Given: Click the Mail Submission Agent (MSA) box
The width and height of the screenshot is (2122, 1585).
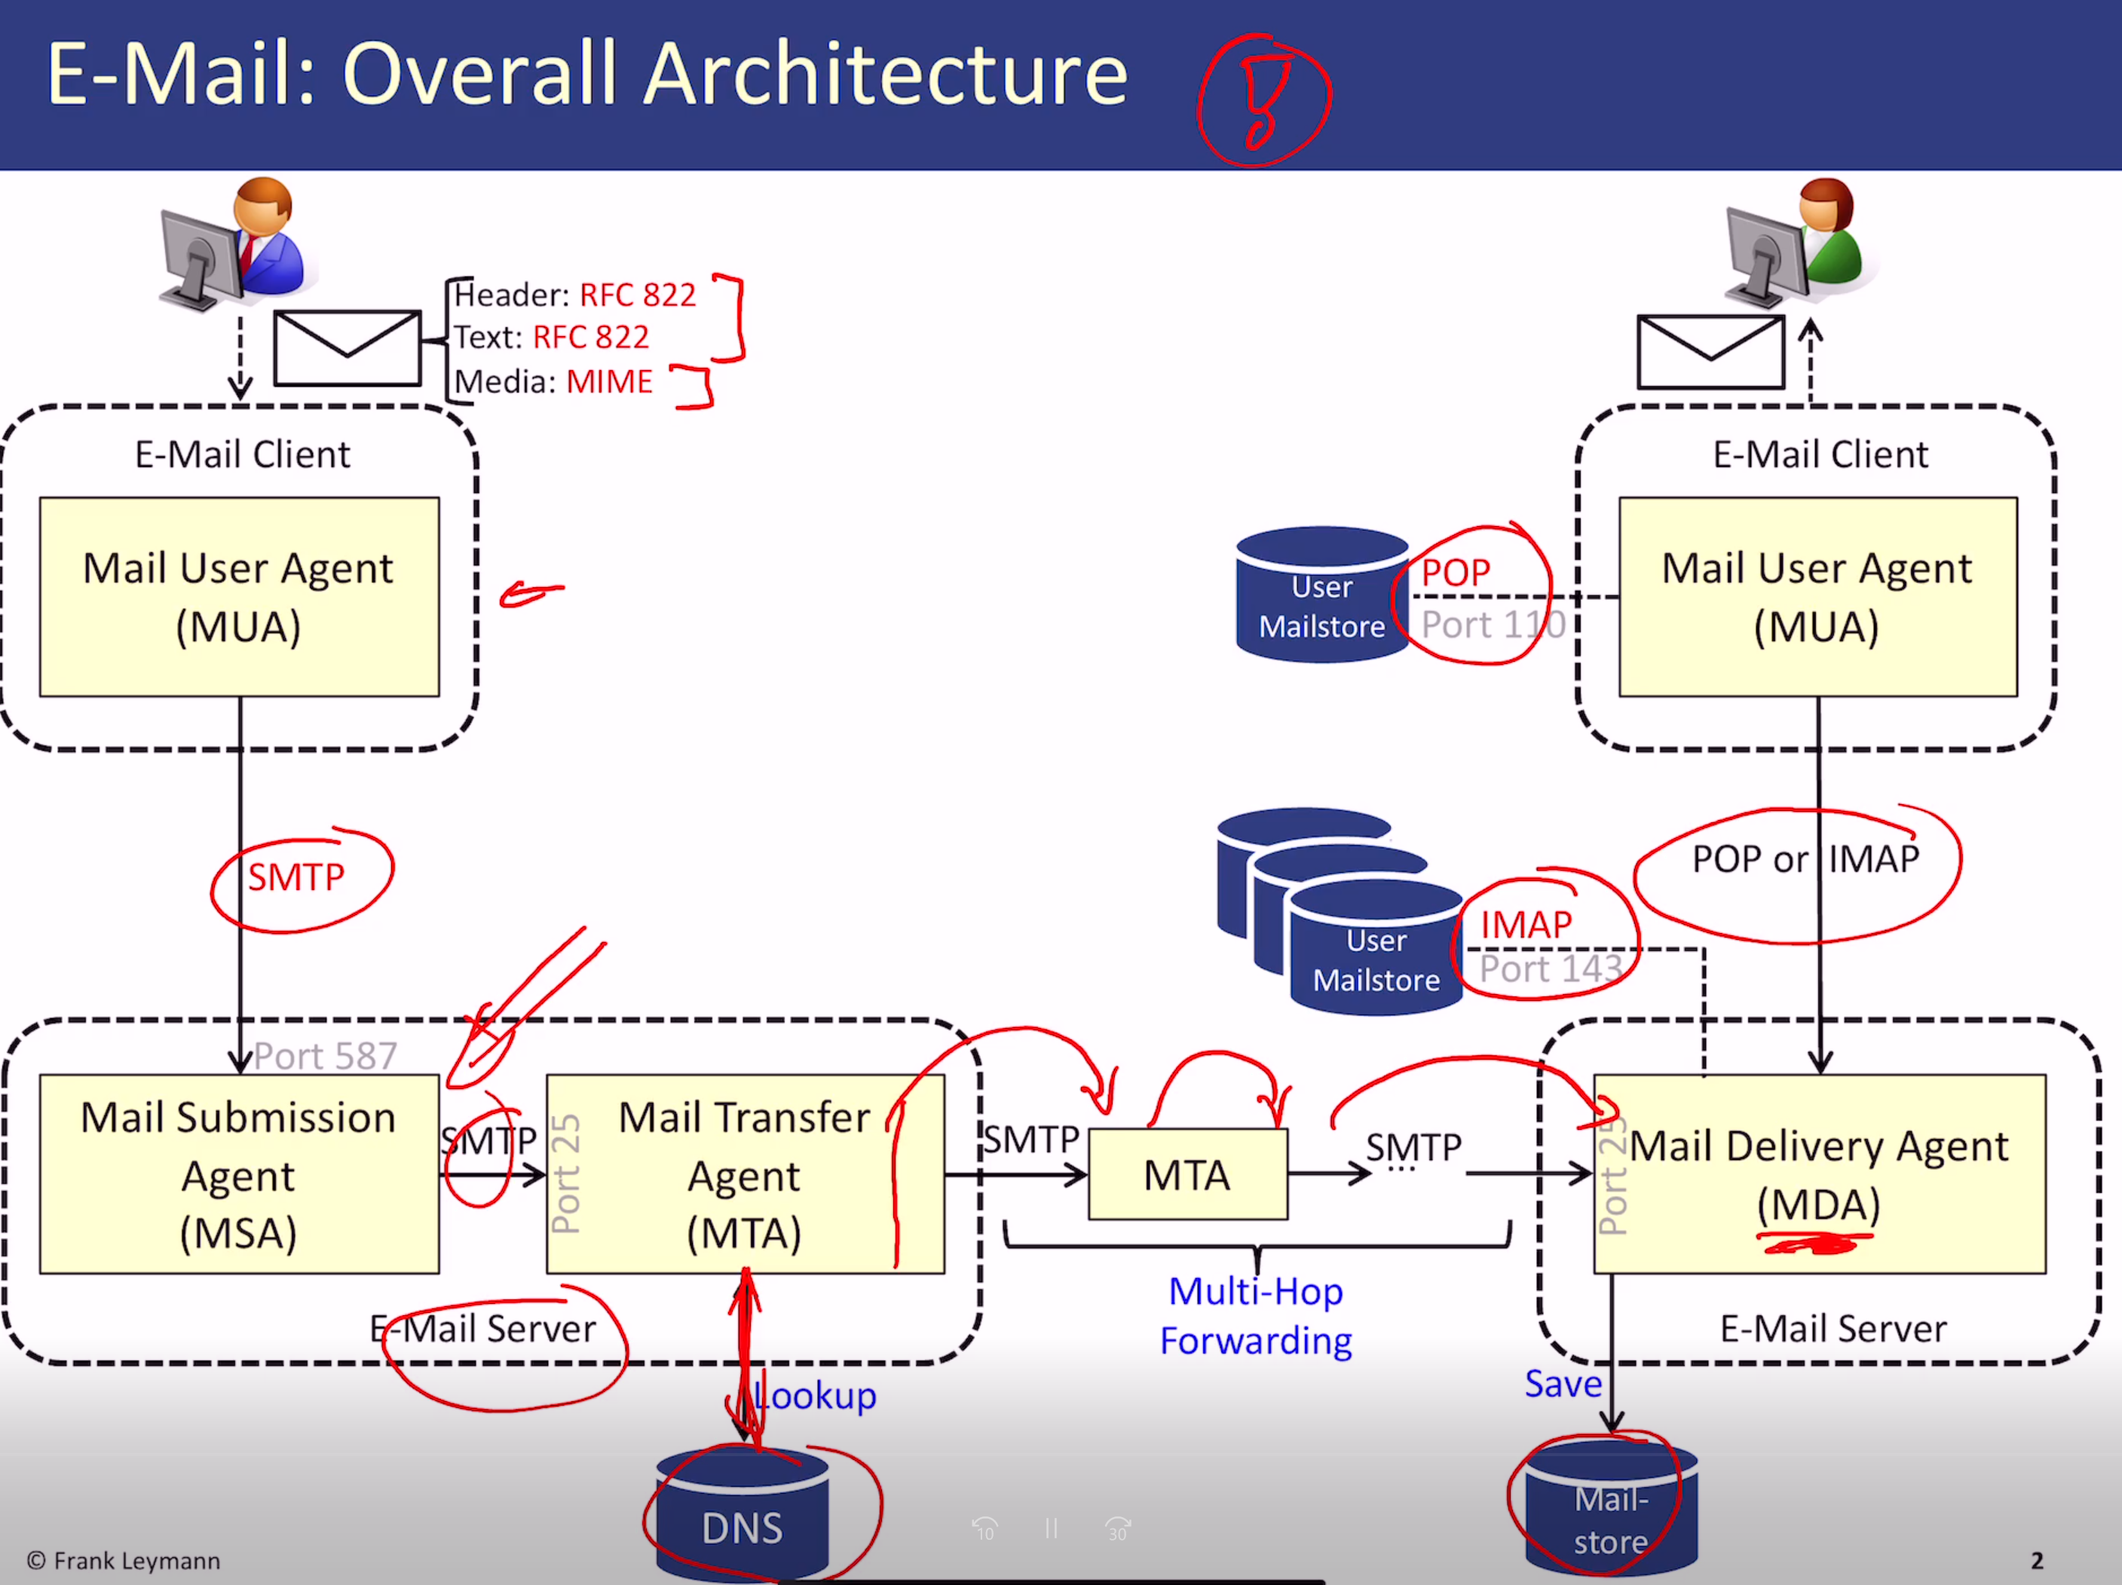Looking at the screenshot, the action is click(x=239, y=1173).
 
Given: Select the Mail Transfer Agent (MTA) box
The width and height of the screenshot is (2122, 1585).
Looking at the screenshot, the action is click(x=746, y=1173).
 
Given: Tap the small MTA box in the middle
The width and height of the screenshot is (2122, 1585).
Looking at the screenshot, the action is click(x=1187, y=1173).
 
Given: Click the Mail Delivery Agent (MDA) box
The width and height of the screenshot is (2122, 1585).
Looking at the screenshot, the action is click(x=1820, y=1173).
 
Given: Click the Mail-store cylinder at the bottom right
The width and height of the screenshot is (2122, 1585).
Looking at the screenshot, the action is click(x=1612, y=1508).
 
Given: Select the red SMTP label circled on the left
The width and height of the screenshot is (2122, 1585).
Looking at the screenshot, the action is click(x=296, y=877).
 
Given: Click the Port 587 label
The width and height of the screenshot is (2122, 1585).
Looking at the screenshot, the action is click(x=325, y=1056).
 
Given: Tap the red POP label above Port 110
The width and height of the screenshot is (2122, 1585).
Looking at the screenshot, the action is click(x=1456, y=573).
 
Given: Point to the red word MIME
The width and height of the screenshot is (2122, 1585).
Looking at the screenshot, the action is click(x=609, y=381).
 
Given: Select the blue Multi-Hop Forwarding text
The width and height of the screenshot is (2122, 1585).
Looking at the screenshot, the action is click(x=1256, y=1316).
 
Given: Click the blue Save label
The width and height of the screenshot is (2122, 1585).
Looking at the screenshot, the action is click(x=1563, y=1384).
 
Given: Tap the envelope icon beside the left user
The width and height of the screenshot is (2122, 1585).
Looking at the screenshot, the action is click(x=348, y=347).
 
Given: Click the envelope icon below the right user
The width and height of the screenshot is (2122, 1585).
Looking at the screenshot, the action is click(x=1710, y=352).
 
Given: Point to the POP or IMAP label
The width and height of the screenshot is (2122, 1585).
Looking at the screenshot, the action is click(x=1805, y=859).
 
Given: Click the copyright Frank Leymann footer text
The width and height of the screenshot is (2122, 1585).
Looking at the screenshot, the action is click(x=124, y=1561).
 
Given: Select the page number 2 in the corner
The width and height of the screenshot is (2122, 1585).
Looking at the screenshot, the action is click(x=2037, y=1561).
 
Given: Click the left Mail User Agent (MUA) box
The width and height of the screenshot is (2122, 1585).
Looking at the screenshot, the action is click(x=239, y=596).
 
